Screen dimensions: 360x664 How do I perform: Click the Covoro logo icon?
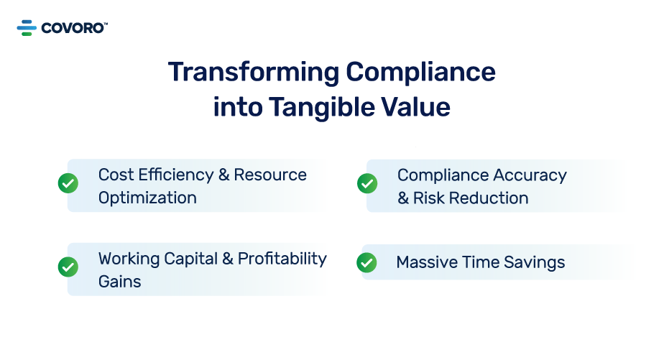pos(27,28)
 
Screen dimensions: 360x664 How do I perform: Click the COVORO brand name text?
pos(73,28)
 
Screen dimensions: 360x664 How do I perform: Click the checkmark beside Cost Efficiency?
pos(68,183)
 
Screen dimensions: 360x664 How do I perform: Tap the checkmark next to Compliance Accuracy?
pos(367,183)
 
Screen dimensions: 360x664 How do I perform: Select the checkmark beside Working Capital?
pos(68,267)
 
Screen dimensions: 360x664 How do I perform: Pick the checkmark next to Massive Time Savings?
pos(366,262)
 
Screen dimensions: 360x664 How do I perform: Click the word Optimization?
pos(147,198)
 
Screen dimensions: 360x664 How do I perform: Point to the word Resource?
pos(270,175)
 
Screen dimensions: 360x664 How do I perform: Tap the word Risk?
pos(428,198)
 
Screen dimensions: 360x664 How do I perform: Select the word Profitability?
pos(282,258)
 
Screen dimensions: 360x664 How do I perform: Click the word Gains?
pos(119,281)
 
